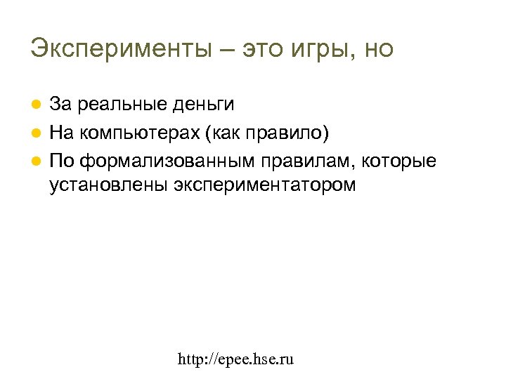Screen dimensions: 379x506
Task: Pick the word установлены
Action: (x=108, y=185)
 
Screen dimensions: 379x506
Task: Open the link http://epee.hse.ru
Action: (x=236, y=360)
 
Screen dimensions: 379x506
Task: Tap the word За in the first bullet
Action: (x=60, y=105)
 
